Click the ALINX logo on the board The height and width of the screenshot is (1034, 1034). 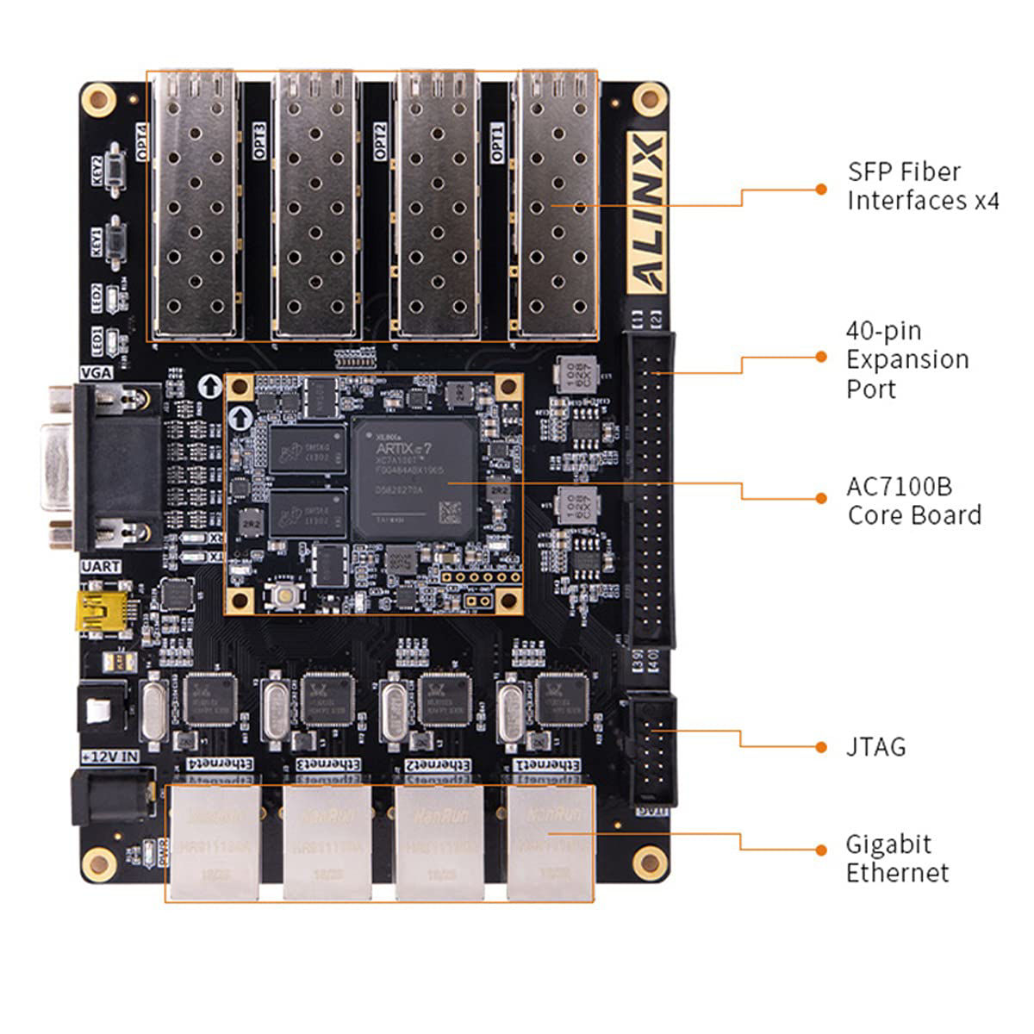pos(645,212)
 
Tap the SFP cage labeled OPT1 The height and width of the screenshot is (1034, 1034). pos(554,207)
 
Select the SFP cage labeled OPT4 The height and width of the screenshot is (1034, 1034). pos(195,207)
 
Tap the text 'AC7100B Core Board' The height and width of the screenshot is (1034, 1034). pos(913,501)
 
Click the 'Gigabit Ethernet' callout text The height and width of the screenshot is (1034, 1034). pos(896,858)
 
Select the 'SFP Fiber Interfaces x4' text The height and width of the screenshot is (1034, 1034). pos(922,186)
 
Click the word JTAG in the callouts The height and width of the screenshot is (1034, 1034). pos(875,746)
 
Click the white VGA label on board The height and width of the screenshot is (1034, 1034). pos(97,373)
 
